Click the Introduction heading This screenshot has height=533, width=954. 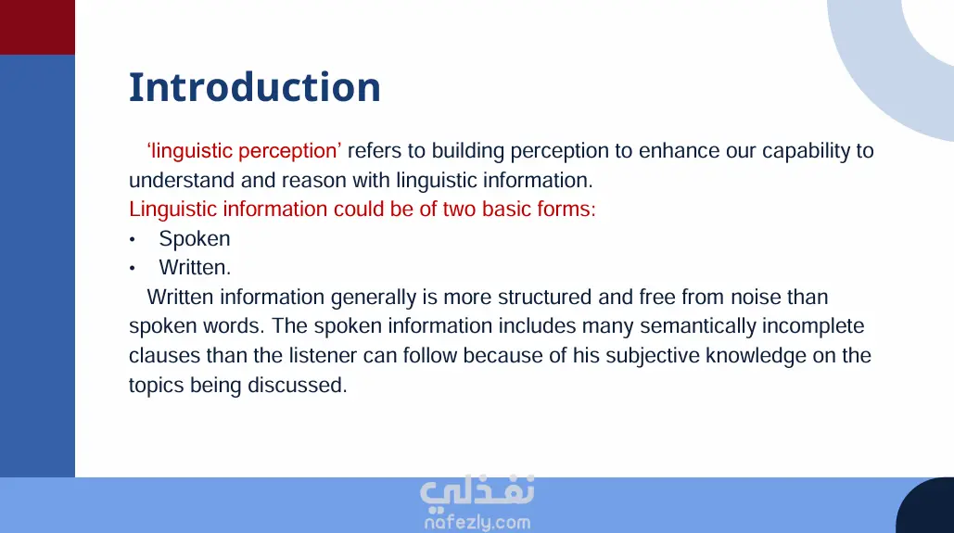coord(255,88)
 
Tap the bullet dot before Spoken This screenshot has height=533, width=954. coord(132,240)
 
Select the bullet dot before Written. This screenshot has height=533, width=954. coord(132,268)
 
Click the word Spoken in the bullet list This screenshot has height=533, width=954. coord(195,239)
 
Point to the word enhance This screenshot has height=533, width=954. coord(679,150)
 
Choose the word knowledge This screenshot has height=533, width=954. coord(756,356)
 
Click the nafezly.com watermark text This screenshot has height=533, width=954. coord(477,522)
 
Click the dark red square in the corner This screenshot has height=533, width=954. coord(37,28)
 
